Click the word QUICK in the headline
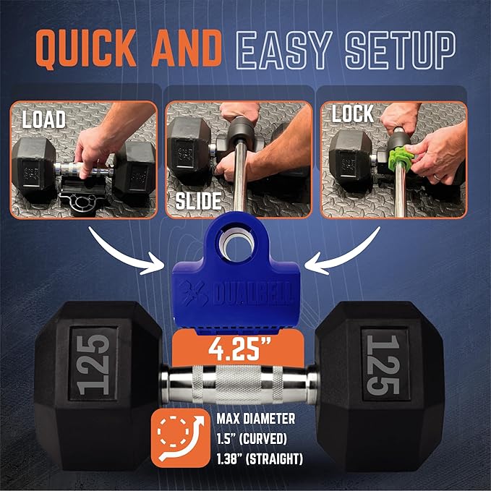click(86, 49)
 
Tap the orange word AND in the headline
click(187, 48)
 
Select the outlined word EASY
click(283, 50)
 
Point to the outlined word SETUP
click(400, 50)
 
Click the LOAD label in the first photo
click(44, 119)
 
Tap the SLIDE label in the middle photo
click(198, 201)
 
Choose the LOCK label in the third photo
click(353, 114)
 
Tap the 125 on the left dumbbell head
click(93, 364)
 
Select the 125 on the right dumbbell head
click(383, 364)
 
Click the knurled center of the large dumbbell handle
click(238, 384)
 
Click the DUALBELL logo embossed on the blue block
click(237, 294)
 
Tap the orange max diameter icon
click(181, 437)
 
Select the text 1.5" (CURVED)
click(252, 439)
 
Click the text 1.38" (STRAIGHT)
click(260, 459)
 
